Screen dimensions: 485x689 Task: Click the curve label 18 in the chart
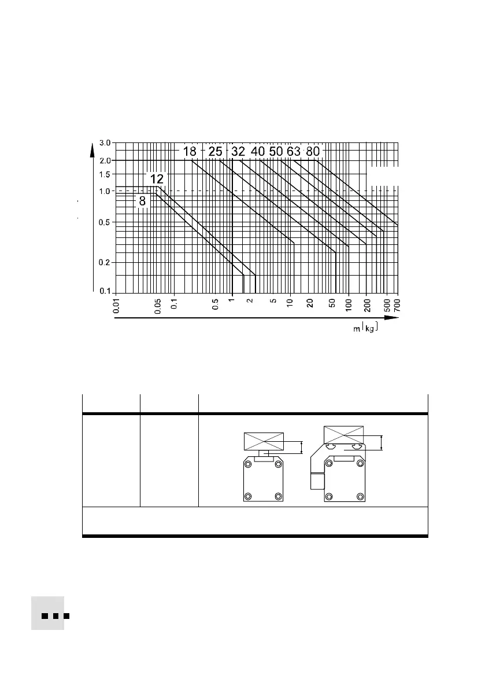coord(190,152)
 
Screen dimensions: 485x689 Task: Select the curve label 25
coord(215,152)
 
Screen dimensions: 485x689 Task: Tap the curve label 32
coord(238,152)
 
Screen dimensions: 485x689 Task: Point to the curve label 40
coord(258,152)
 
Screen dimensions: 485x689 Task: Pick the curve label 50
coord(276,152)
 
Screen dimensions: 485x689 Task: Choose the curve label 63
coord(294,152)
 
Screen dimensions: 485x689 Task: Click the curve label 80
coord(313,152)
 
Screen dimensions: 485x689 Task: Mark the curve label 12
coord(157,179)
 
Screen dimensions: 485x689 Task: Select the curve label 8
coord(142,201)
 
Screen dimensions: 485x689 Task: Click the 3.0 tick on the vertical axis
coord(105,143)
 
